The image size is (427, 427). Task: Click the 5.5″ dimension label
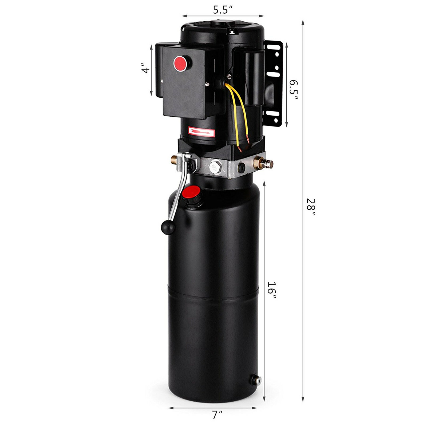(x=223, y=10)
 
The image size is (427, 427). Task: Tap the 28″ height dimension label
(x=310, y=207)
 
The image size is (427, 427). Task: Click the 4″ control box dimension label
(x=145, y=68)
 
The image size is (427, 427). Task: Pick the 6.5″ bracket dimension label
(x=294, y=89)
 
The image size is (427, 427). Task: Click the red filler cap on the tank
(x=191, y=192)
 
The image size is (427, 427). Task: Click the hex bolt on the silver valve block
(x=216, y=167)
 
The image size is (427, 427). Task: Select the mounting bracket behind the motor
(x=274, y=83)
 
